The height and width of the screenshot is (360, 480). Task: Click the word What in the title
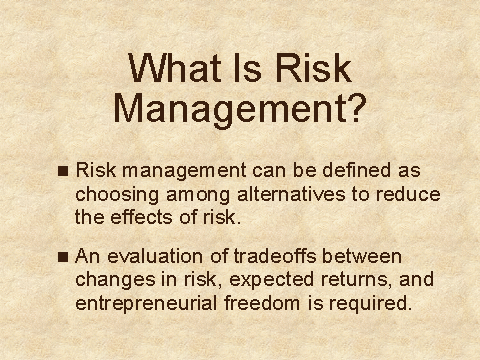pyautogui.click(x=175, y=68)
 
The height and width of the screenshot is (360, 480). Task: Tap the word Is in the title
pyautogui.click(x=248, y=68)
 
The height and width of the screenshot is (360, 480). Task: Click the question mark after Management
pyautogui.click(x=355, y=107)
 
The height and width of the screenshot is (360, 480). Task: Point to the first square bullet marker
pyautogui.click(x=63, y=171)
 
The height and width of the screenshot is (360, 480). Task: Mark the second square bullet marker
pyautogui.click(x=63, y=257)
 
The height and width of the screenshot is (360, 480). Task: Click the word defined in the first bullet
pyautogui.click(x=357, y=170)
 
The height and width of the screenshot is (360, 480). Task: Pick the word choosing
pyautogui.click(x=117, y=195)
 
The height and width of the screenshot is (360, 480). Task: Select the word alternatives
pyautogui.click(x=291, y=194)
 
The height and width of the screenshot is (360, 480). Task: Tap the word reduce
pyautogui.click(x=408, y=194)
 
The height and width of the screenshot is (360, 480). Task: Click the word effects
pyautogui.click(x=141, y=217)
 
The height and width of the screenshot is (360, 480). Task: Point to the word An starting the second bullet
pyautogui.click(x=88, y=256)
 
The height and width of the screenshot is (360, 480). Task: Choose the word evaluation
pyautogui.click(x=155, y=256)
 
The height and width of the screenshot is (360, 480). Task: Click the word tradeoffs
pyautogui.click(x=275, y=256)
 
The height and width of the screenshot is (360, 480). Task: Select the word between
pyautogui.click(x=362, y=256)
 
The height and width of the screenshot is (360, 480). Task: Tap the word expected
pyautogui.click(x=272, y=280)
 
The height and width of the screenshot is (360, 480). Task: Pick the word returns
pyautogui.click(x=357, y=280)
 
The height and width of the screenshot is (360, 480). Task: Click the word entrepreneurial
pyautogui.click(x=146, y=304)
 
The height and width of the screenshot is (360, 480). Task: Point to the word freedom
pyautogui.click(x=262, y=303)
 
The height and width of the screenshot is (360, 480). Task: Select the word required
pyautogui.click(x=370, y=304)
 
